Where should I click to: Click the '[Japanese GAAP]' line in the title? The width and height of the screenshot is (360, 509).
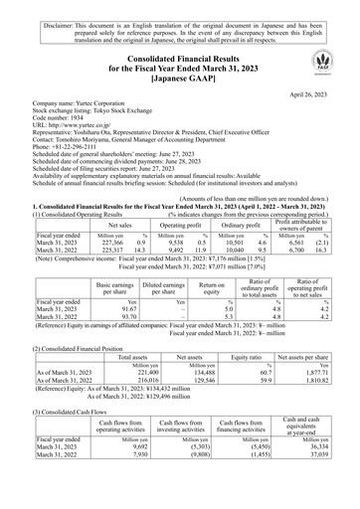(179, 75)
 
